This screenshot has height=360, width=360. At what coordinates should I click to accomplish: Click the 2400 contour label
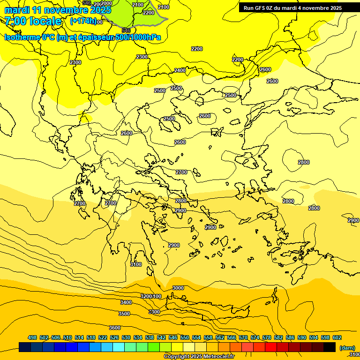coord(180,70)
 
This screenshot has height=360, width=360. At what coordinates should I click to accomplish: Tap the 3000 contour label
coord(178,288)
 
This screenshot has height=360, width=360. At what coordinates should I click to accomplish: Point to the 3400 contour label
coord(126,303)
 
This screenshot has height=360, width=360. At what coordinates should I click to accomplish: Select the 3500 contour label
coord(124,314)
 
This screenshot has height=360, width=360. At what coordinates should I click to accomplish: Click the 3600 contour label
coord(115,328)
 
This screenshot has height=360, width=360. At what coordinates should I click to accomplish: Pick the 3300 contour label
coord(154,312)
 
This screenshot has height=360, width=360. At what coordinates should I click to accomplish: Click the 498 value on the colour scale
coord(32,337)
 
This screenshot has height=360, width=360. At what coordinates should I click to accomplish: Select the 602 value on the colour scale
coord(337,337)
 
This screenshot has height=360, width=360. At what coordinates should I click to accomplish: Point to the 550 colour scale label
coord(185,337)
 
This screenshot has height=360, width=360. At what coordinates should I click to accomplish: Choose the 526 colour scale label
coord(114,337)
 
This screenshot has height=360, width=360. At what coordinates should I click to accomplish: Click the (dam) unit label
coord(347,347)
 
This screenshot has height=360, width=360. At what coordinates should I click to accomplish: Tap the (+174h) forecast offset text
coord(83,21)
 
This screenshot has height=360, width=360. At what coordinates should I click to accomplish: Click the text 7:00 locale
coord(33,21)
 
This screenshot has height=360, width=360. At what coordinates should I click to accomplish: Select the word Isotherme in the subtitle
coord(22,37)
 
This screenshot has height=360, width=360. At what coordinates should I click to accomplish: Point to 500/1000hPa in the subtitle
coord(141,37)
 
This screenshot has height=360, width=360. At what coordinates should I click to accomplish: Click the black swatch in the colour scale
coord(330,347)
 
